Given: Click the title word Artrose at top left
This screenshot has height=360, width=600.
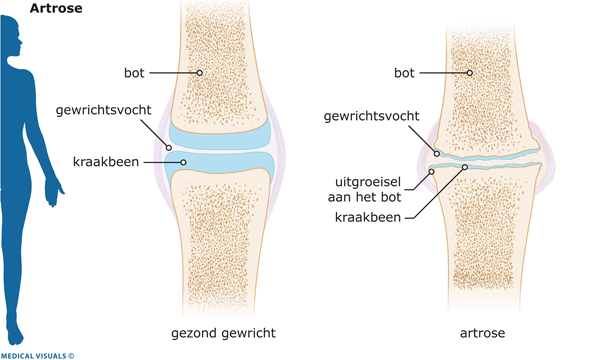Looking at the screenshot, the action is pos(56,8).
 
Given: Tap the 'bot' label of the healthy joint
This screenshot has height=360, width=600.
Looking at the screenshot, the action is pos(134,73).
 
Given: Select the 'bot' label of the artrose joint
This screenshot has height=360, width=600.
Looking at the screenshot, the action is pos(404,73).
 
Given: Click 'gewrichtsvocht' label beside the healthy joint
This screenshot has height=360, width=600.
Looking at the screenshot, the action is pos(104,110).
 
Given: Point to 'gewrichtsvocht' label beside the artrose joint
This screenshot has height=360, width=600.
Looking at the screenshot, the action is pos(372,116).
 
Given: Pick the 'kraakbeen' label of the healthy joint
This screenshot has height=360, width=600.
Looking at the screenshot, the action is pos(106,162).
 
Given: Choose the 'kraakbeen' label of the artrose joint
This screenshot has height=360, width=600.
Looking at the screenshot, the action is pos(368,217).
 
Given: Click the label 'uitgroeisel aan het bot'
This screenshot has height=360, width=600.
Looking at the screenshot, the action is pos(364,189).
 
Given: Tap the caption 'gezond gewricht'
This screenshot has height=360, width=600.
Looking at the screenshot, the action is pos(223,333).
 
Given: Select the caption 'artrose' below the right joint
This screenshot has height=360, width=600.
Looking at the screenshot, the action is pos(483,333).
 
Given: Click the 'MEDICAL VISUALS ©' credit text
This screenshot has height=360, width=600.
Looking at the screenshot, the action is pos(37,356).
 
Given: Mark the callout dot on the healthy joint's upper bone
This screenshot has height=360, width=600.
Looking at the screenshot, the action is pos(199,73).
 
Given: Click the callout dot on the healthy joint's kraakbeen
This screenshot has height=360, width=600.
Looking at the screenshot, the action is pos(183,163).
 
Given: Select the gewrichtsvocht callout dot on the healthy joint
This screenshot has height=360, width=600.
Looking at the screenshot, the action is pos(168,148).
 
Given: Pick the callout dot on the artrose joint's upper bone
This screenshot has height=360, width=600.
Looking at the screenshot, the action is pos(470,73).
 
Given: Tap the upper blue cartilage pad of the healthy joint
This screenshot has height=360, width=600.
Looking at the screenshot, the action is pos(220,136).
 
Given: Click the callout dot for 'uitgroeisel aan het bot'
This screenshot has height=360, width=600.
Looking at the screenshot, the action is pos(431,172).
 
